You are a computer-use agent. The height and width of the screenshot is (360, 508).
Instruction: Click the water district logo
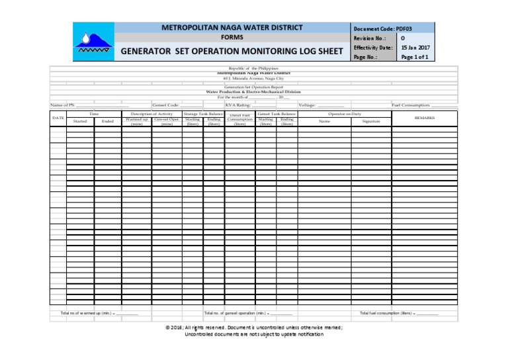93,42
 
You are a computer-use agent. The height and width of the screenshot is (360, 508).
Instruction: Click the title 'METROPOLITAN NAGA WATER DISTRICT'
232,28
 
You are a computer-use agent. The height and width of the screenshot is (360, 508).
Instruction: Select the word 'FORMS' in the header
232,38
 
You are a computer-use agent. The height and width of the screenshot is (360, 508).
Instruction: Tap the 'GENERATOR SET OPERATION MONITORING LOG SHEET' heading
232,51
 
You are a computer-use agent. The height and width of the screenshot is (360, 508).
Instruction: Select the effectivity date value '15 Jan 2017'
415,48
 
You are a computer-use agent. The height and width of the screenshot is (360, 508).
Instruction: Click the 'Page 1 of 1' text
415,58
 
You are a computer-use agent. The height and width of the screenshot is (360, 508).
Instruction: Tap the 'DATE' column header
58,118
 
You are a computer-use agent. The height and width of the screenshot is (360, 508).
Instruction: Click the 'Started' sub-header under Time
80,122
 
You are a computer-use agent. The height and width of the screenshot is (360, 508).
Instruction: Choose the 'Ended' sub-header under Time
108,122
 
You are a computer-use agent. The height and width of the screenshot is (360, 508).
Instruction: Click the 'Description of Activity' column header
151,114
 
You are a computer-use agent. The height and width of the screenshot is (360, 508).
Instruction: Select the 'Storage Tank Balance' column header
203,114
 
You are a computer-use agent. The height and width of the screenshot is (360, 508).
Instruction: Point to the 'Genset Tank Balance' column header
276,114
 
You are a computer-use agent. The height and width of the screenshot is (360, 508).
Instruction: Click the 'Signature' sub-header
371,122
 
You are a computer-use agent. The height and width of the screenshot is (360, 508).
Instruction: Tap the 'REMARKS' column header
424,118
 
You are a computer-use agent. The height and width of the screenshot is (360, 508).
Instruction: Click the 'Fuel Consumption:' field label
411,105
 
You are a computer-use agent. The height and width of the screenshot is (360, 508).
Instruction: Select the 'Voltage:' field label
308,105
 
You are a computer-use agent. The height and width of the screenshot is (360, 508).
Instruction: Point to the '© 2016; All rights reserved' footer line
254,328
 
